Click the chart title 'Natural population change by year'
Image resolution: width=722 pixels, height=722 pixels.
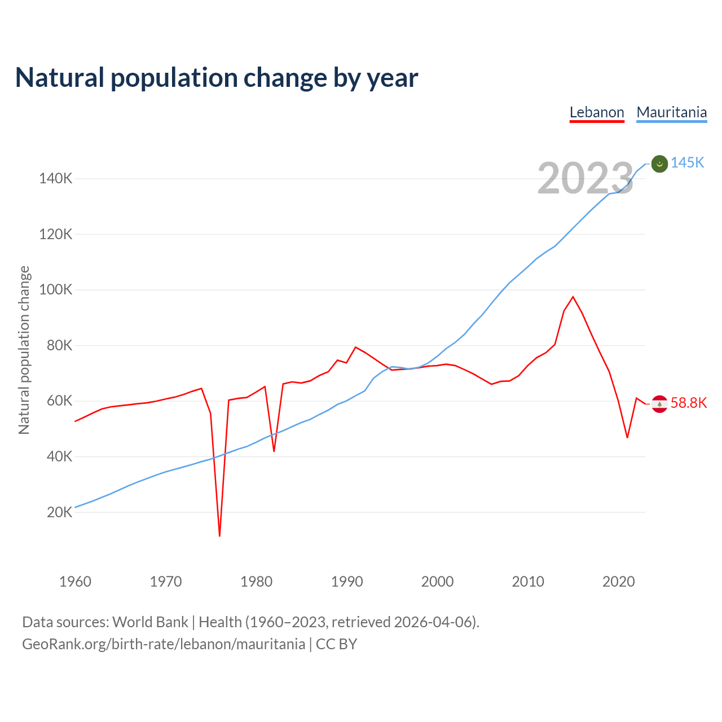217,78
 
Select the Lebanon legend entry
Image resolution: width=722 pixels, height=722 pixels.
597,112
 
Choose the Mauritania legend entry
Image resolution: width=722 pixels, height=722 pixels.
671,112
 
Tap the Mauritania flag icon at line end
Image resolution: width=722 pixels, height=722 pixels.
659,164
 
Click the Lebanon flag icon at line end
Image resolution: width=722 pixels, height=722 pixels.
659,404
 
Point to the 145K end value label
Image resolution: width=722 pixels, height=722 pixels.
688,163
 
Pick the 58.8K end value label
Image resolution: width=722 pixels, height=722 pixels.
689,403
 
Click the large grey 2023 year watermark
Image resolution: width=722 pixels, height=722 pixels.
585,179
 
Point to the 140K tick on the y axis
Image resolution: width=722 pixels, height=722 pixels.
56,179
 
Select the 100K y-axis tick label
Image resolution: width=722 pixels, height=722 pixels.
56,290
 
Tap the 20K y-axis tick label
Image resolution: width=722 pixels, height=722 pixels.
59,512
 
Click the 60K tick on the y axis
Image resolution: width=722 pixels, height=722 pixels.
59,401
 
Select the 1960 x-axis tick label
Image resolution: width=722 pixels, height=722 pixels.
75,582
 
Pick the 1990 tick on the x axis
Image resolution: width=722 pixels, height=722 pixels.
347,582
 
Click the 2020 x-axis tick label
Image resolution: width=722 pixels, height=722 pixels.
619,582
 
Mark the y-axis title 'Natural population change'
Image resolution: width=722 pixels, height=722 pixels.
24,350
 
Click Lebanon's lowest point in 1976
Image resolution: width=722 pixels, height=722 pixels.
219,535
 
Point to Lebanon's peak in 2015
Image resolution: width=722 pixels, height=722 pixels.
573,297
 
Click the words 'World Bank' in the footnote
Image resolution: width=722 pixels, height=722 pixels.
150,622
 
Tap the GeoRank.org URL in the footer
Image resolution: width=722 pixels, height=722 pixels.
164,644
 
